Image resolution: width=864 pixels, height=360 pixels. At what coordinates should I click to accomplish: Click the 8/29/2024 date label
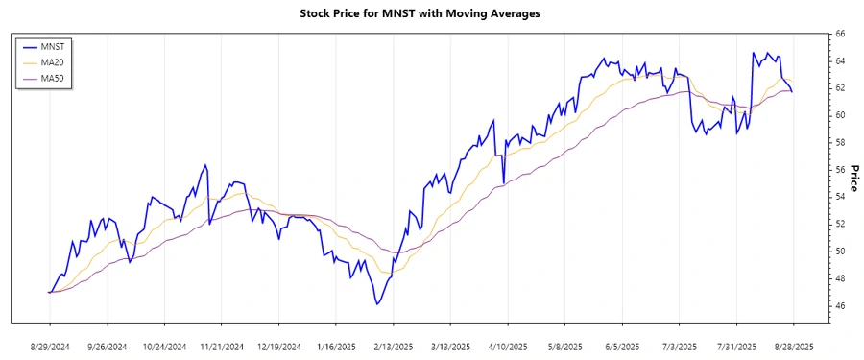tap(50, 346)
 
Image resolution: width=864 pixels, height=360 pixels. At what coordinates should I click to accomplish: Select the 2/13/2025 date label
tap(393, 346)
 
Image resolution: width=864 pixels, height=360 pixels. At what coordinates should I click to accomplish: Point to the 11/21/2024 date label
tap(222, 346)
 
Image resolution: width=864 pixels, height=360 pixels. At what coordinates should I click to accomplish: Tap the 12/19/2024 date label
tap(278, 346)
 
